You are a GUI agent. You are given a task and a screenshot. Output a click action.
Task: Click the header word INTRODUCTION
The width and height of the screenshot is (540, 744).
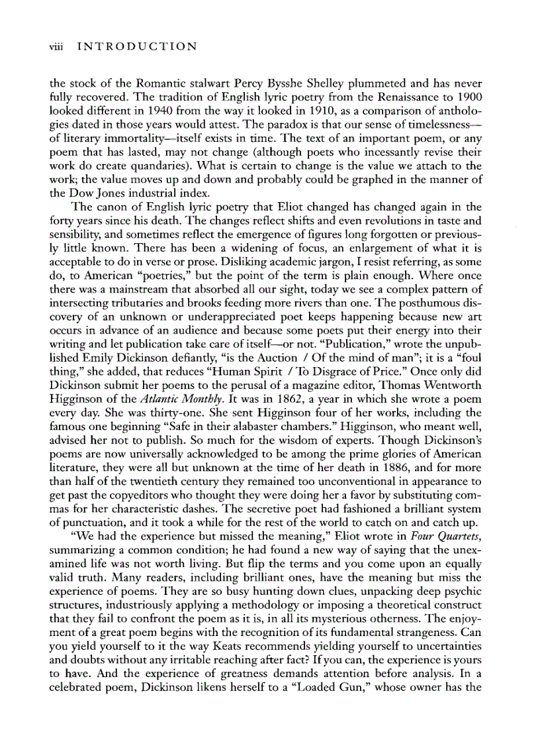pos(137,46)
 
